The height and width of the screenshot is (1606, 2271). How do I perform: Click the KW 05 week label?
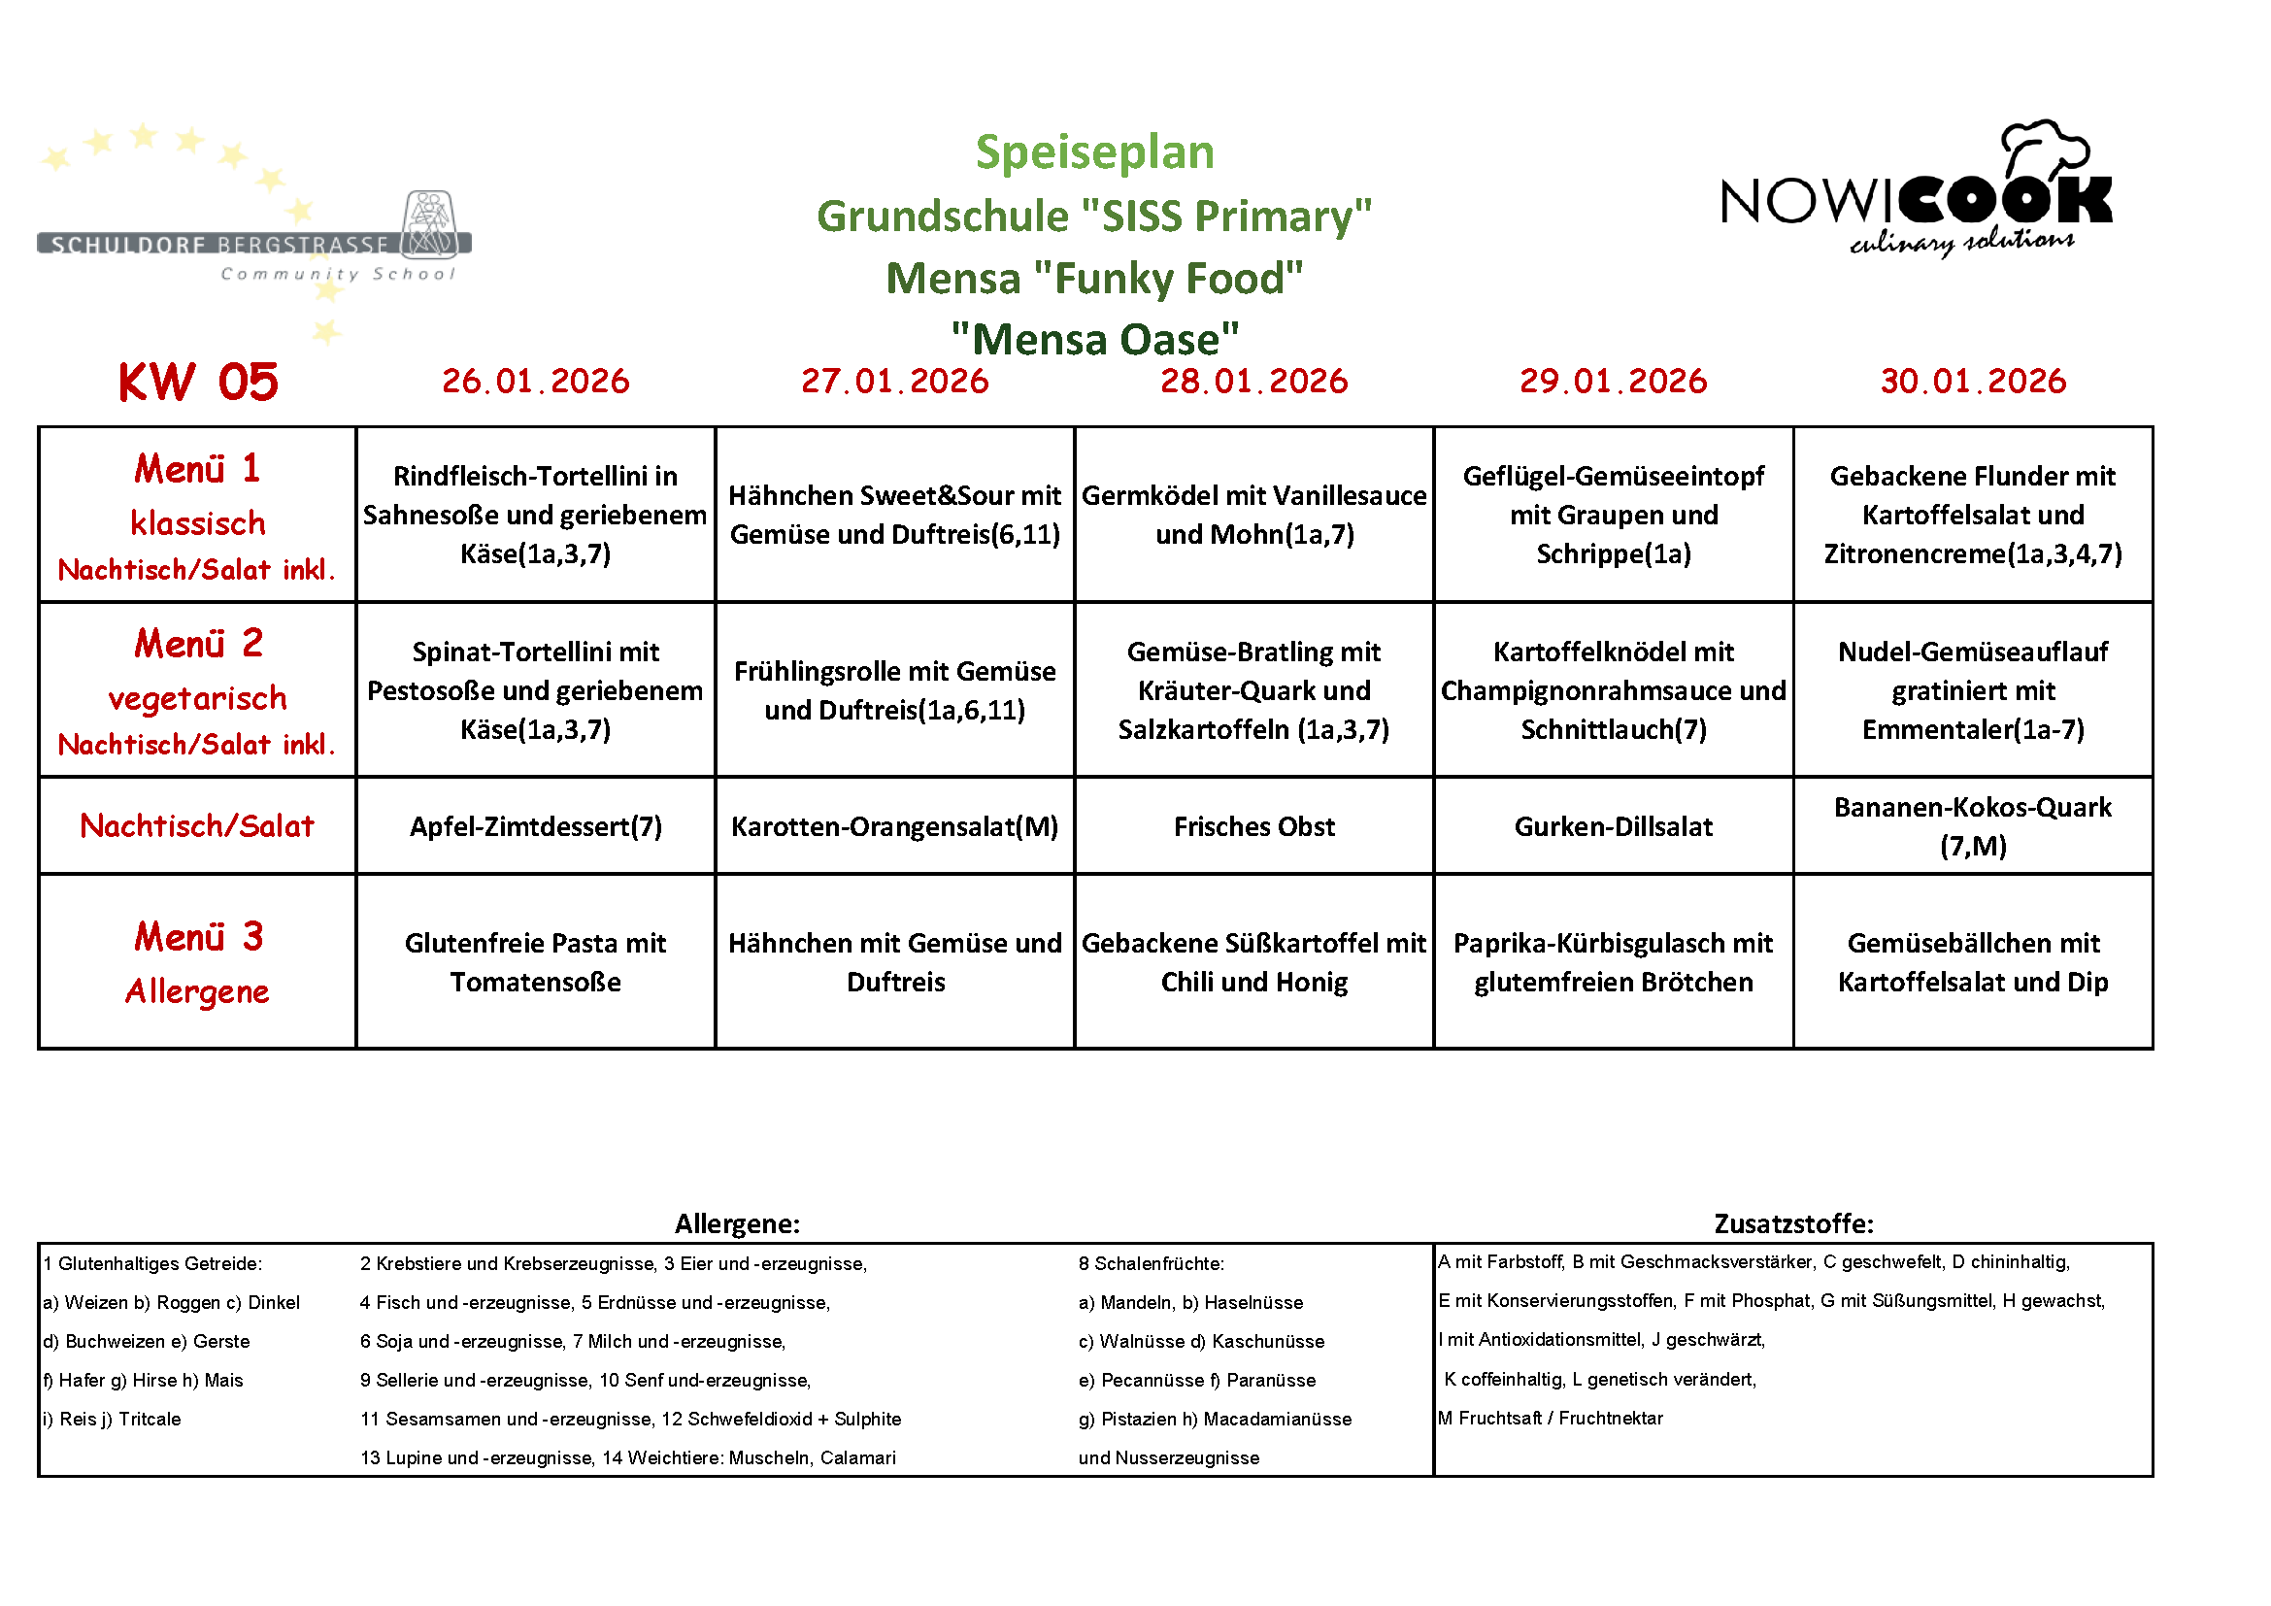click(198, 382)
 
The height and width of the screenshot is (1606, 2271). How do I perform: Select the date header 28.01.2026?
click(1253, 381)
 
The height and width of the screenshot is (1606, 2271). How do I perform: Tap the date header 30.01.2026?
click(1972, 381)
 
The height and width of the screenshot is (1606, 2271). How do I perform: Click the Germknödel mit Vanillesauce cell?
click(1253, 515)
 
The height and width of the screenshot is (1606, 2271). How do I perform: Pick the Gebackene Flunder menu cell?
click(1972, 515)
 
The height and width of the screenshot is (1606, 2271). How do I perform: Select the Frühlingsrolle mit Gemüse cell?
click(894, 689)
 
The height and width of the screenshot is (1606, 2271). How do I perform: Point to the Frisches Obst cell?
click(1253, 825)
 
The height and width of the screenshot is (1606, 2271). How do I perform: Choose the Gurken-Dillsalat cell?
click(1613, 825)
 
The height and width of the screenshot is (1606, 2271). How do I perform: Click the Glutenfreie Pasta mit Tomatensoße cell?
click(535, 961)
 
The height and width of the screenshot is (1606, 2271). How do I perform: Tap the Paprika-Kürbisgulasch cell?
click(1613, 961)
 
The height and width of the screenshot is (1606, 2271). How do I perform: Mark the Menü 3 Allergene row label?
click(198, 961)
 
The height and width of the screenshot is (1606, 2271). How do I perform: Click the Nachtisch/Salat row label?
click(197, 825)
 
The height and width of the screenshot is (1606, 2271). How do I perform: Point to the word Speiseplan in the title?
click(1094, 152)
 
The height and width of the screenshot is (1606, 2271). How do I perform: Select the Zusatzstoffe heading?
click(1792, 1223)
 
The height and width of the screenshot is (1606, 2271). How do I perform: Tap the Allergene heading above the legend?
click(737, 1223)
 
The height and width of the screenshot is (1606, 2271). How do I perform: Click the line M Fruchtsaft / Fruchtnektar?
click(1550, 1418)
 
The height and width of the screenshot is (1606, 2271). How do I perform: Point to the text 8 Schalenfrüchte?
click(1151, 1263)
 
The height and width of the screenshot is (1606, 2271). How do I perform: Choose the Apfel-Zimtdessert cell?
click(535, 825)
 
